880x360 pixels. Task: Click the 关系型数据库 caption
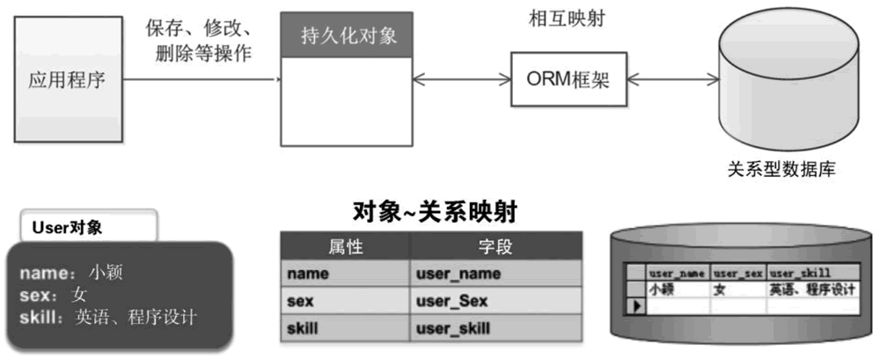coord(781,169)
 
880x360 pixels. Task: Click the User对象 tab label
coord(68,227)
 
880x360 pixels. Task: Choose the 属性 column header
coord(346,245)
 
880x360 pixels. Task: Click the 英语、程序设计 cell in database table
coord(811,289)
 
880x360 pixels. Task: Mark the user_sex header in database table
coord(738,274)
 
